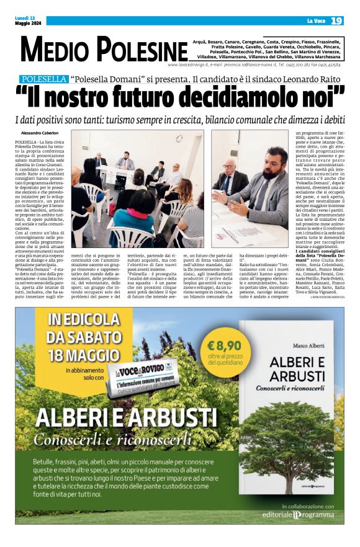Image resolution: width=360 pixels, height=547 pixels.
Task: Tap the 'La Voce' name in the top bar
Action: [316, 22]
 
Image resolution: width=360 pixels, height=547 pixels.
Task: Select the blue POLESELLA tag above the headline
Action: [43, 79]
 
